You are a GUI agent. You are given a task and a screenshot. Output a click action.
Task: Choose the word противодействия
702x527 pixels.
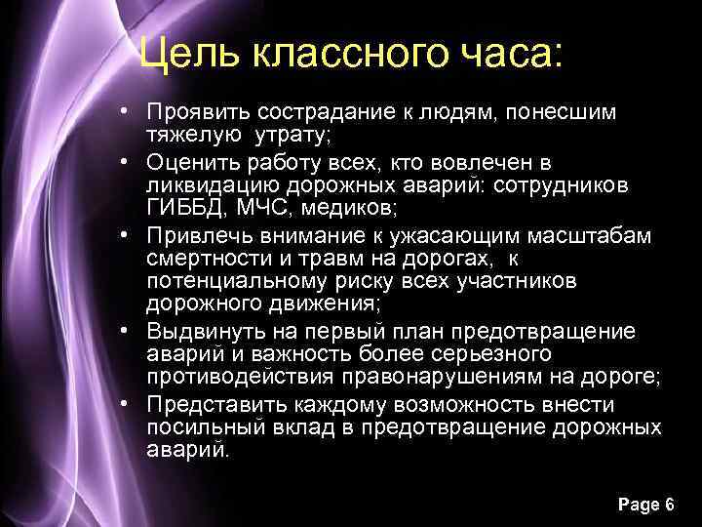point(241,377)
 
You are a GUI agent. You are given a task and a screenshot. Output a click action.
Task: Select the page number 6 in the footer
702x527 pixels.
point(669,504)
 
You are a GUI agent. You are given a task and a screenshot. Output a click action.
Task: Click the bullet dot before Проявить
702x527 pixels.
point(130,112)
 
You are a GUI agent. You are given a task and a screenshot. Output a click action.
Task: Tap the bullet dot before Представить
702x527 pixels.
point(130,403)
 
